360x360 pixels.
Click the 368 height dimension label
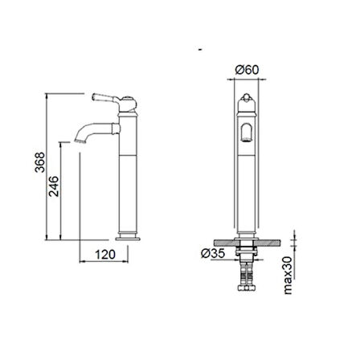pyautogui.click(x=39, y=162)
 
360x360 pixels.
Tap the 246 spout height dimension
pyautogui.click(x=53, y=186)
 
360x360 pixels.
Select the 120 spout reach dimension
pyautogui.click(x=105, y=255)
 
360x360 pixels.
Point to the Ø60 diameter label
pyautogui.click(x=247, y=70)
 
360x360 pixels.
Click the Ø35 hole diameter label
pyautogui.click(x=213, y=253)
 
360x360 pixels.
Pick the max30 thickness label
pyautogui.click(x=288, y=276)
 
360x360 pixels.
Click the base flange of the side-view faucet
pyautogui.click(x=128, y=238)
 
